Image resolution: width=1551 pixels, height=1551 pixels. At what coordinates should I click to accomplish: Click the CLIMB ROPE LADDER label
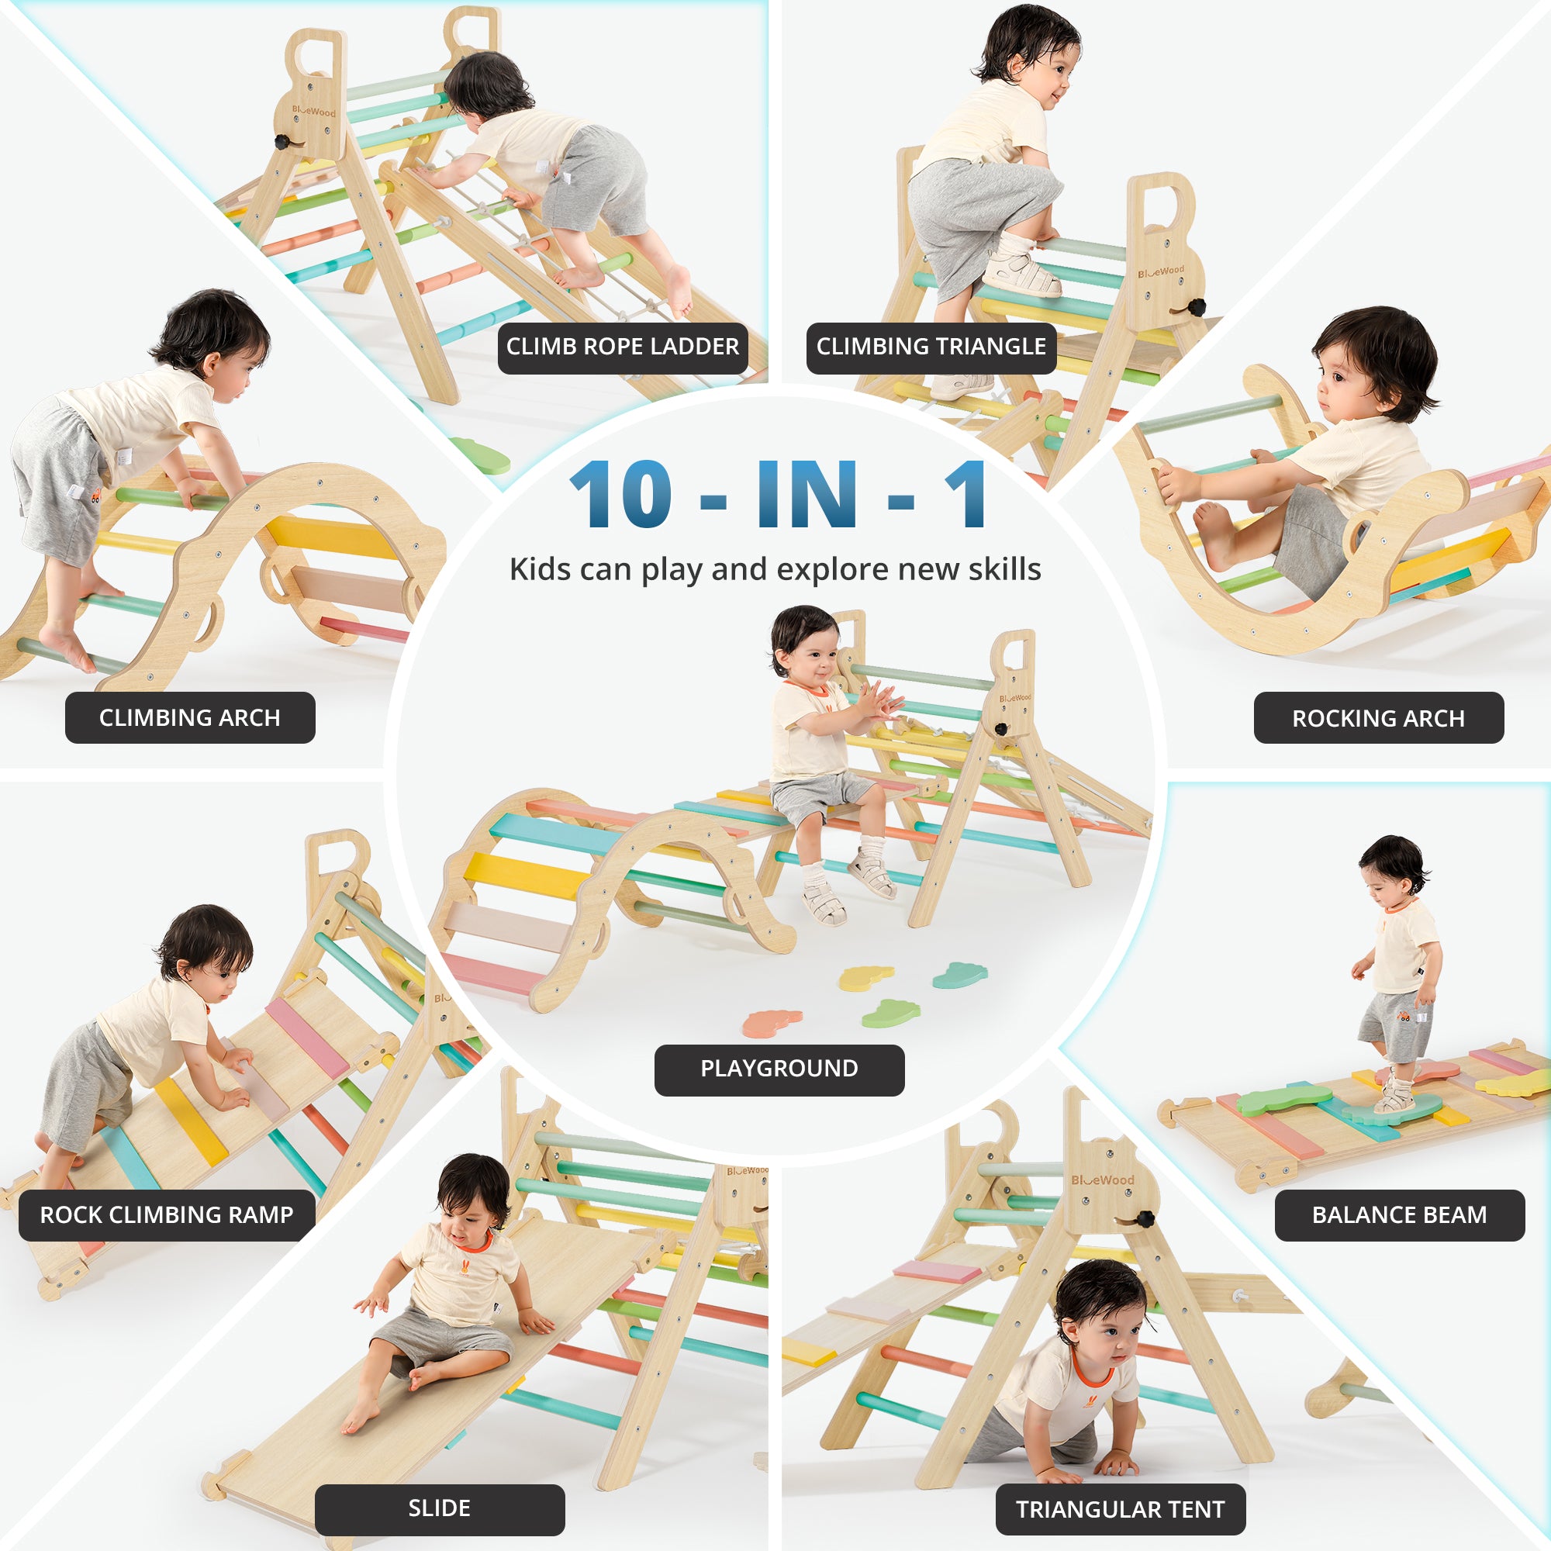point(622,347)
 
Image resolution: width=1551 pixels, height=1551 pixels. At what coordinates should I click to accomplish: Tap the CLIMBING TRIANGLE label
point(931,347)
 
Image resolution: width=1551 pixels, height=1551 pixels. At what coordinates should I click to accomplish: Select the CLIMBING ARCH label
point(190,717)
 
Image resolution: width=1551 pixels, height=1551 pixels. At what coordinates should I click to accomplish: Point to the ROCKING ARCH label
point(1378,717)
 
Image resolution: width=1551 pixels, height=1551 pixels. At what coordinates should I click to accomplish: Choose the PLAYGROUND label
point(779,1069)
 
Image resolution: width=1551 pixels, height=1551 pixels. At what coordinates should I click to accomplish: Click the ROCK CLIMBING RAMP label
point(167,1215)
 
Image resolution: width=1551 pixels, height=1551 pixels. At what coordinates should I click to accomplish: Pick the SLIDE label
point(440,1508)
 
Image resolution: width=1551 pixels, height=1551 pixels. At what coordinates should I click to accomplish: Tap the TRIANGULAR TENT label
point(1121,1509)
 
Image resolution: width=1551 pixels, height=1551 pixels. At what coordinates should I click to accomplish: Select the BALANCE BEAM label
point(1399,1215)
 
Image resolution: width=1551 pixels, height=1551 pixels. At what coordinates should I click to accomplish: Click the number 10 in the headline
point(620,495)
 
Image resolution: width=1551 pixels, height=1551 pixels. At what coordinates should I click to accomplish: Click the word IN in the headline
point(807,495)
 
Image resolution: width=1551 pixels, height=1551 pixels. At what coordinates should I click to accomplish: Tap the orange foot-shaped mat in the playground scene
point(772,1024)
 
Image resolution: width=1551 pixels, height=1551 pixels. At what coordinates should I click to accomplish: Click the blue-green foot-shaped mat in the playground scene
point(960,975)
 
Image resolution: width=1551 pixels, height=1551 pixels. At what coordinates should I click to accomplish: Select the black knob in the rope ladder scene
point(283,142)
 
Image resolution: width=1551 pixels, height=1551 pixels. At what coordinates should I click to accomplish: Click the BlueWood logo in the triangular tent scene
point(1102,1180)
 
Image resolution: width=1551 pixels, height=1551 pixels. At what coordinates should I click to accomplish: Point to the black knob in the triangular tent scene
point(1145,1218)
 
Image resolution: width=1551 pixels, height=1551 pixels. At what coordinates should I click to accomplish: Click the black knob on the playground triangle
point(1001,730)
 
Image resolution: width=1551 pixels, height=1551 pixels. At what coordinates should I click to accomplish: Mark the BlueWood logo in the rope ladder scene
point(314,111)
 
